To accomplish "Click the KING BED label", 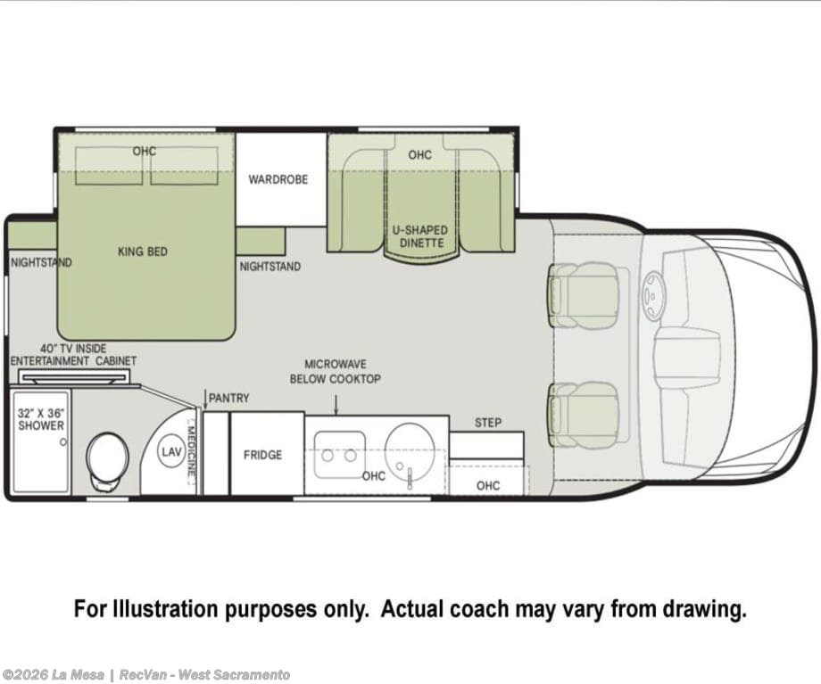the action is (x=143, y=251).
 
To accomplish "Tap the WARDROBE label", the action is (x=278, y=179).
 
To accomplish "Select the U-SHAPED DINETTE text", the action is (x=420, y=236).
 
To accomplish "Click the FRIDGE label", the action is (x=262, y=455).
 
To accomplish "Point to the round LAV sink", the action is (x=171, y=451).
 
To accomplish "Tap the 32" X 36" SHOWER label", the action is (x=41, y=419).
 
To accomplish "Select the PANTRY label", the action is (x=228, y=399).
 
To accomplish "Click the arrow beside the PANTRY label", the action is (x=205, y=400).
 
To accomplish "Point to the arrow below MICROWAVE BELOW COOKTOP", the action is (x=336, y=405).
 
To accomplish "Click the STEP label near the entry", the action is (x=488, y=423).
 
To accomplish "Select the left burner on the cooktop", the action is (x=328, y=456).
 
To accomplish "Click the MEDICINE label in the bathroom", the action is (x=192, y=450).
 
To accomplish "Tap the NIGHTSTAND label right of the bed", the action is (x=270, y=267).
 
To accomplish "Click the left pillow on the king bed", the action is (x=109, y=165).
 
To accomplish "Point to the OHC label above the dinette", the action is (x=420, y=155).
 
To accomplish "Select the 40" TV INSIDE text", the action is (x=73, y=349).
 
